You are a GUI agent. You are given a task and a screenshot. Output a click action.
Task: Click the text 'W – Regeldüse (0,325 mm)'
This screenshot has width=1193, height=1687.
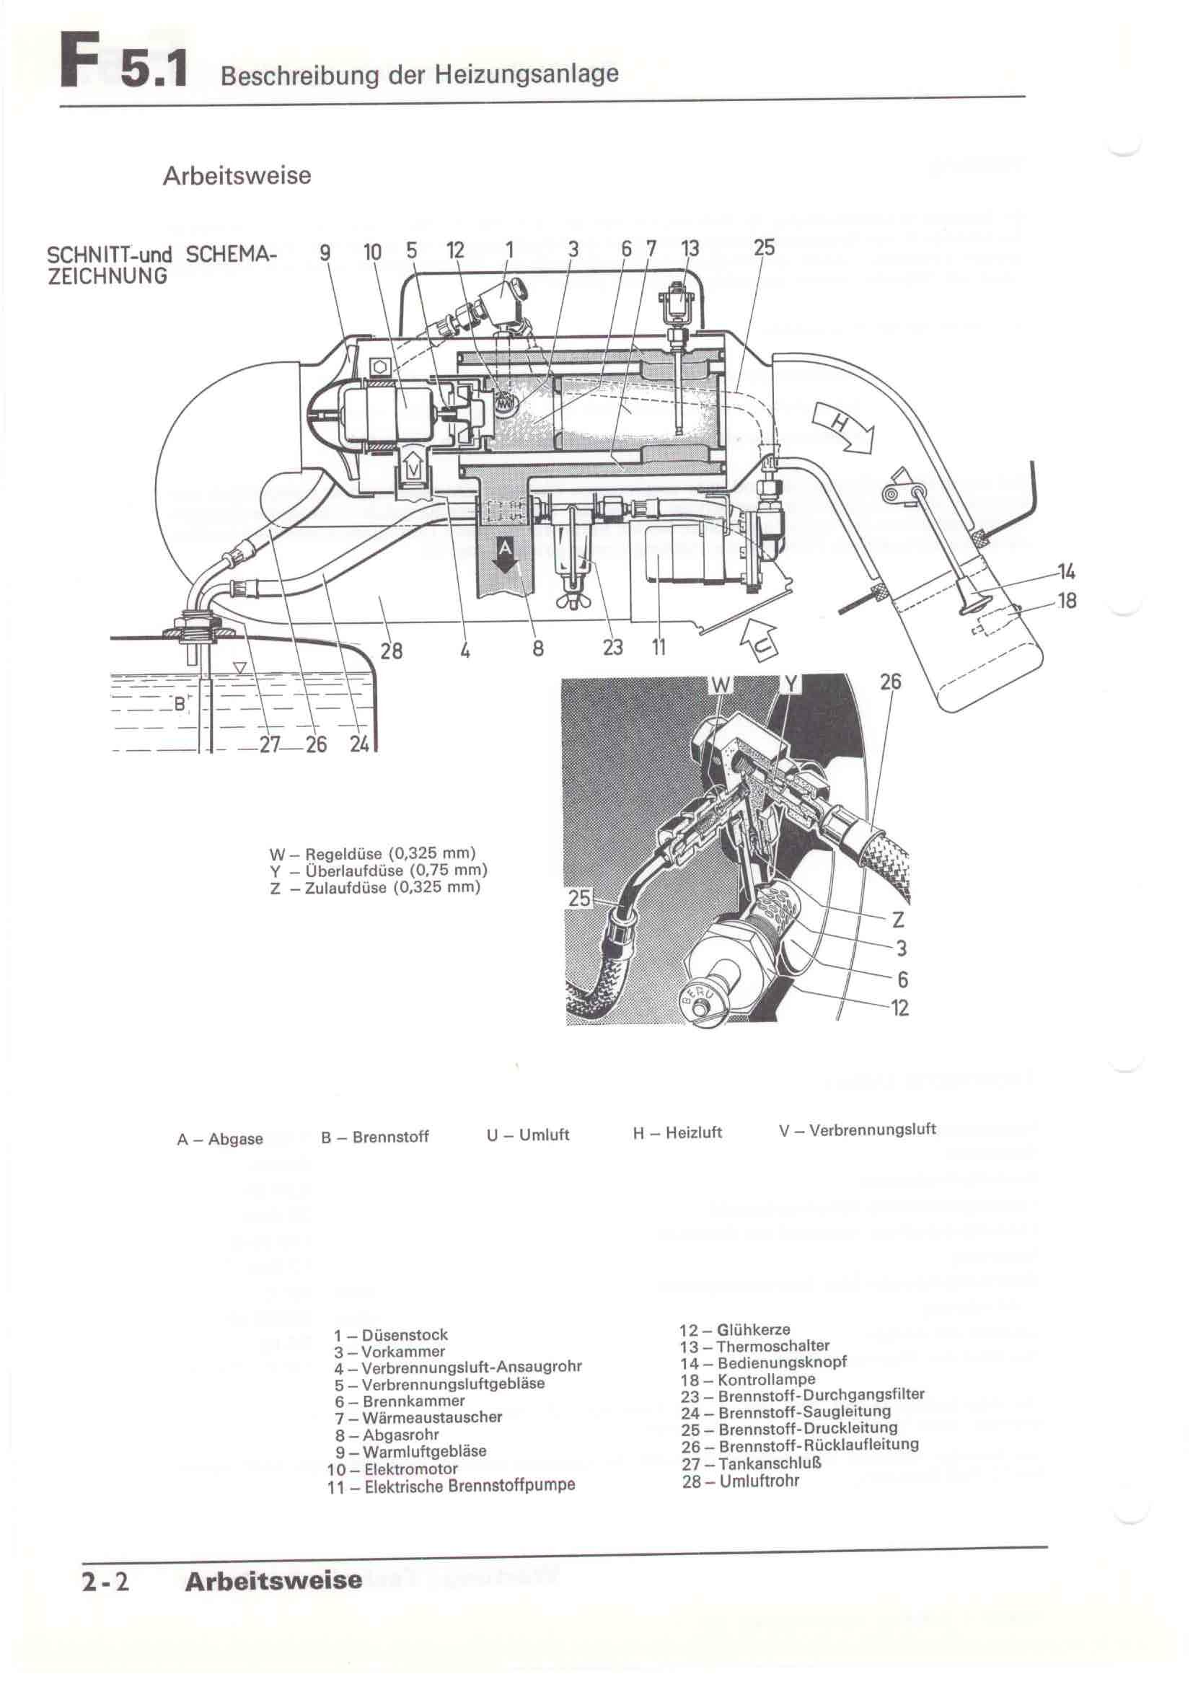pyautogui.click(x=373, y=854)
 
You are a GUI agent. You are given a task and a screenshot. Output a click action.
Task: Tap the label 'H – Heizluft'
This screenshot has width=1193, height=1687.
pyautogui.click(x=677, y=1133)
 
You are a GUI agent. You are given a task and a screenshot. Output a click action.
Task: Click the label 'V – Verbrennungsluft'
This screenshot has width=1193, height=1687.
pyautogui.click(x=858, y=1129)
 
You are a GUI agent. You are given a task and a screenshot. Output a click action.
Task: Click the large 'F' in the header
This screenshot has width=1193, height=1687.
pyautogui.click(x=80, y=61)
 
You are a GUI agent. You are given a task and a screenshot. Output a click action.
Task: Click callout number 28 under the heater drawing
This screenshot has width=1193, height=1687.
pyautogui.click(x=391, y=651)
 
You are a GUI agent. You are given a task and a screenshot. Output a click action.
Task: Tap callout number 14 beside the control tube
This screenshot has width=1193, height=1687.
pyautogui.click(x=1066, y=571)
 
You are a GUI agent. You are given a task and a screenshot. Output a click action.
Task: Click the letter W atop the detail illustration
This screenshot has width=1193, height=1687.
pyautogui.click(x=721, y=685)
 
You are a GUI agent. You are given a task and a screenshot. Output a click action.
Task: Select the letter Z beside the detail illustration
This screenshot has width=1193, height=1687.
pyautogui.click(x=898, y=919)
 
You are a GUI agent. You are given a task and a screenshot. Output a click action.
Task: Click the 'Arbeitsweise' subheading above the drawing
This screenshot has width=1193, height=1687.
pyautogui.click(x=237, y=175)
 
